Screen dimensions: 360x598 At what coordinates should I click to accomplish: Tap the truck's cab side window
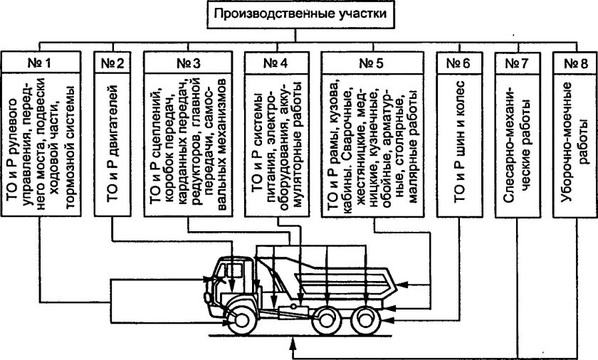(232, 271)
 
